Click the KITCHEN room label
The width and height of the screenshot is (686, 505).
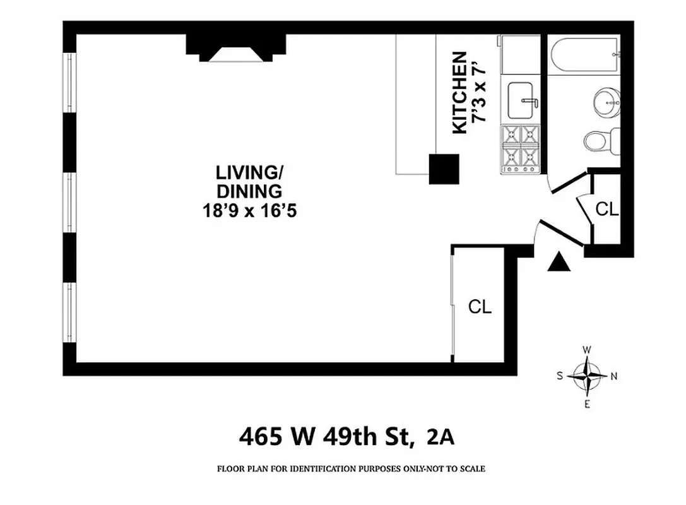click(460, 92)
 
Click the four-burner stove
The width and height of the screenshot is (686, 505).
click(521, 149)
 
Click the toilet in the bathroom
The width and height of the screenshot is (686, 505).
click(600, 139)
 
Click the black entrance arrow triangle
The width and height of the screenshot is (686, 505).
click(559, 262)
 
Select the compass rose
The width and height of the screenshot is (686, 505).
click(587, 376)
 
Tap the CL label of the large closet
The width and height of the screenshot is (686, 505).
click(480, 307)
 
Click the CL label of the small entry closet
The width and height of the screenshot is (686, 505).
click(607, 210)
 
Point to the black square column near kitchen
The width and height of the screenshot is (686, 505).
click(444, 169)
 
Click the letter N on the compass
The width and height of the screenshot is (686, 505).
click(614, 376)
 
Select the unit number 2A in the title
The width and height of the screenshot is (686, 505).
click(441, 436)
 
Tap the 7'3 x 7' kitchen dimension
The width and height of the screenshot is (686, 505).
click(481, 92)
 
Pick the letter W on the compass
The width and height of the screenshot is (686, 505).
click(586, 349)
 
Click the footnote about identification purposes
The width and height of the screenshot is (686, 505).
click(351, 469)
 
